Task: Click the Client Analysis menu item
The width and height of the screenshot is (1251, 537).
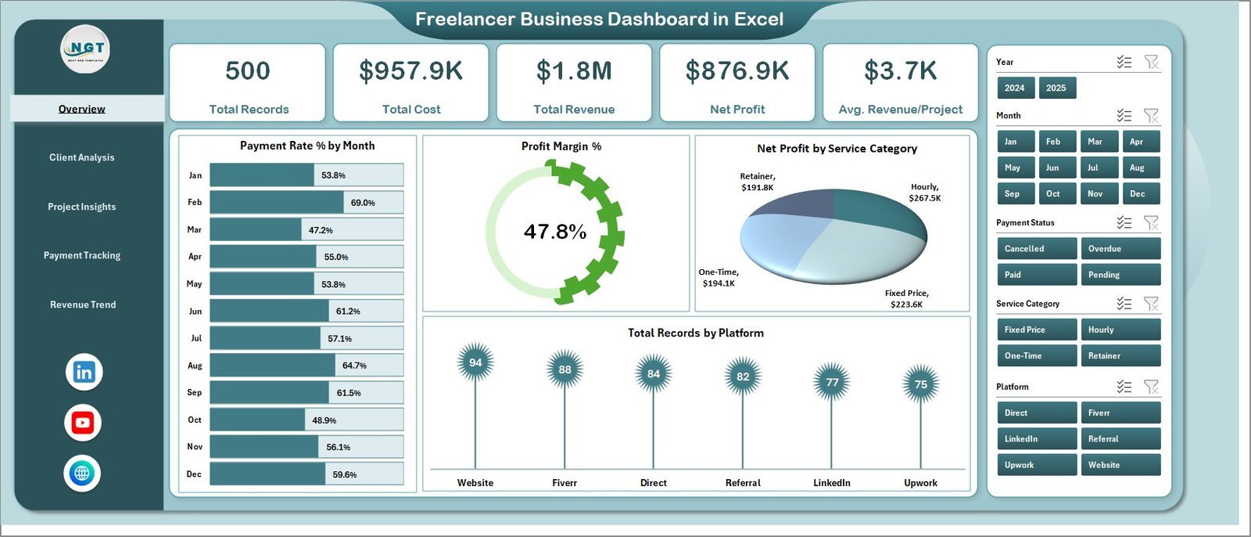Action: pyautogui.click(x=82, y=157)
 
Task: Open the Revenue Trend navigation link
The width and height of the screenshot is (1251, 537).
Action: pyautogui.click(x=83, y=305)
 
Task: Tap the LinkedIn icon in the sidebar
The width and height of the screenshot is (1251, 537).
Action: pyautogui.click(x=84, y=372)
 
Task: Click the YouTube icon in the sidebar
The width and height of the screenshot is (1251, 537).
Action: pyautogui.click(x=83, y=423)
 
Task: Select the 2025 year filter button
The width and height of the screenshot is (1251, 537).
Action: pyautogui.click(x=1056, y=88)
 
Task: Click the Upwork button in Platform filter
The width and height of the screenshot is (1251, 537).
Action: pyautogui.click(x=1036, y=465)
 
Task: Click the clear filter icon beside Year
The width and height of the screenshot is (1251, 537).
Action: pyautogui.click(x=1151, y=62)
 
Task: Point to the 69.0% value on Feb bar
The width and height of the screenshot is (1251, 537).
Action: pyautogui.click(x=363, y=203)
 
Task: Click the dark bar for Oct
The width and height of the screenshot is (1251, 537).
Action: pyautogui.click(x=257, y=420)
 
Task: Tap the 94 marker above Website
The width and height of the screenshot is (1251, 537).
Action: pyautogui.click(x=475, y=362)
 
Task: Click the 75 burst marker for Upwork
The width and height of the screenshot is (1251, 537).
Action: pyautogui.click(x=921, y=384)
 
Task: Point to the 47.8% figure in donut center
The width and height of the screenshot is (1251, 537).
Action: pyautogui.click(x=555, y=232)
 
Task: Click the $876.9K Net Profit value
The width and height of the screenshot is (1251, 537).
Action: pyautogui.click(x=737, y=71)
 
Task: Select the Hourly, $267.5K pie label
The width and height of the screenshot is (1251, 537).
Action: pyautogui.click(x=924, y=193)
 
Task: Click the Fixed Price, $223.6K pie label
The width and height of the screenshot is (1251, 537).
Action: pyautogui.click(x=906, y=298)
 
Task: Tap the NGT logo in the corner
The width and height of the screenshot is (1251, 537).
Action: pyautogui.click(x=85, y=49)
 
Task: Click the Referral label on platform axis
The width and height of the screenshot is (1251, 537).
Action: pyautogui.click(x=743, y=483)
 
